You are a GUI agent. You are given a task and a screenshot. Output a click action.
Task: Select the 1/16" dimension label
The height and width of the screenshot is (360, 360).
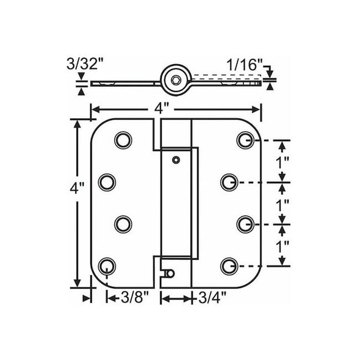[x=245, y=65]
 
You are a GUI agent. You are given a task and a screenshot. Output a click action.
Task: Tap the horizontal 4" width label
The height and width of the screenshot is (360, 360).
[x=160, y=109]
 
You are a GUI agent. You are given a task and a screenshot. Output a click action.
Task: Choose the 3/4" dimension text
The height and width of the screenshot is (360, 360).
[x=212, y=298]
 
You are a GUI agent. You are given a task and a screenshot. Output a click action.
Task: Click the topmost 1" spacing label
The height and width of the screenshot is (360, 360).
[x=282, y=163]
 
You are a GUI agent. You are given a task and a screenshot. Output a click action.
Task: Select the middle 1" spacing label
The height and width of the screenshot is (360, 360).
[x=282, y=205]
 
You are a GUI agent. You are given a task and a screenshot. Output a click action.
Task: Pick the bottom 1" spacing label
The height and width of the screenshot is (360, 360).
[x=282, y=247]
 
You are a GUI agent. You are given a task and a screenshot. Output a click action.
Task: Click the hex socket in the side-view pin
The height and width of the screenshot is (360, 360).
[x=176, y=80]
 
